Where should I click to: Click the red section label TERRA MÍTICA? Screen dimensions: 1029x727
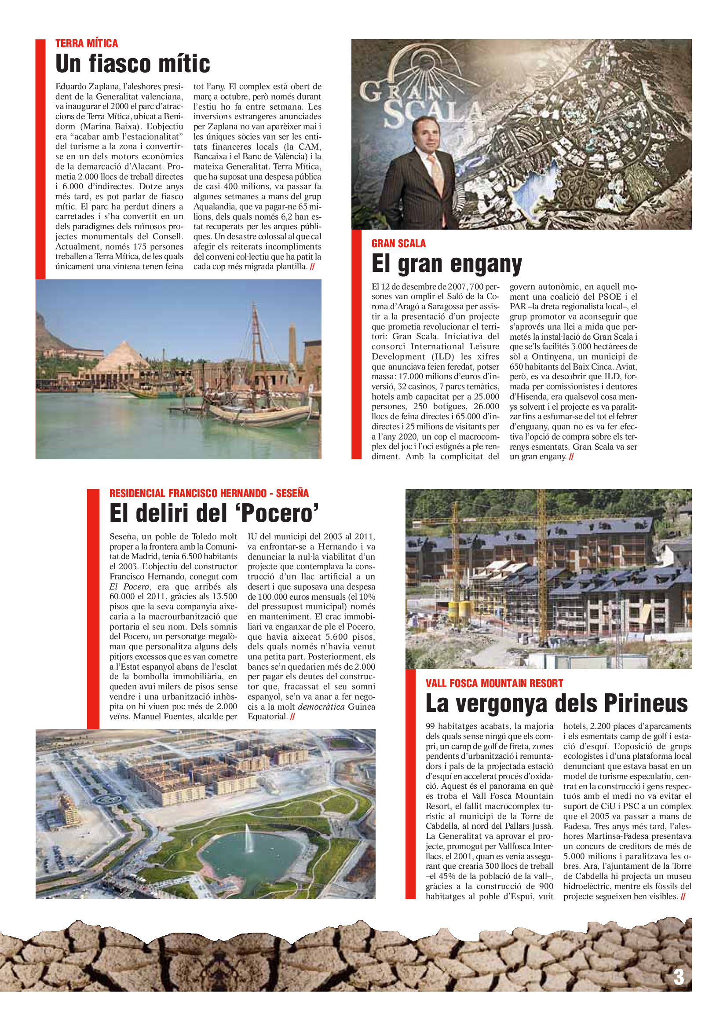coord(87,44)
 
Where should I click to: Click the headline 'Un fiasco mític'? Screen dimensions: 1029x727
coord(132,64)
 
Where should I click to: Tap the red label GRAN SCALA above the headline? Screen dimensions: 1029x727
coord(398,243)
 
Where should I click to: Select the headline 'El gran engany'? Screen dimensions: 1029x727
coord(446,264)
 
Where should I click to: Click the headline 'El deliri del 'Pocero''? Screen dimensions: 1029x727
coord(214,513)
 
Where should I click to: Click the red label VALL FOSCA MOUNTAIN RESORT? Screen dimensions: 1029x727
coord(494,683)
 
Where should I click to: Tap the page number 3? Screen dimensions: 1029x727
coord(679,977)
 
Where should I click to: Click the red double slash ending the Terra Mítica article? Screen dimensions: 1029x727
coord(312,267)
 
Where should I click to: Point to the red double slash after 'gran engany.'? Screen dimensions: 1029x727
coord(571,457)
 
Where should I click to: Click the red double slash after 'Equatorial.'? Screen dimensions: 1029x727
coord(292,716)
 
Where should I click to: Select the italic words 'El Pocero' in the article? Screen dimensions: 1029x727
coord(129,587)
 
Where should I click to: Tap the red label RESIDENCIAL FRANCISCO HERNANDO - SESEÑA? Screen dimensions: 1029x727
coord(209,493)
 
